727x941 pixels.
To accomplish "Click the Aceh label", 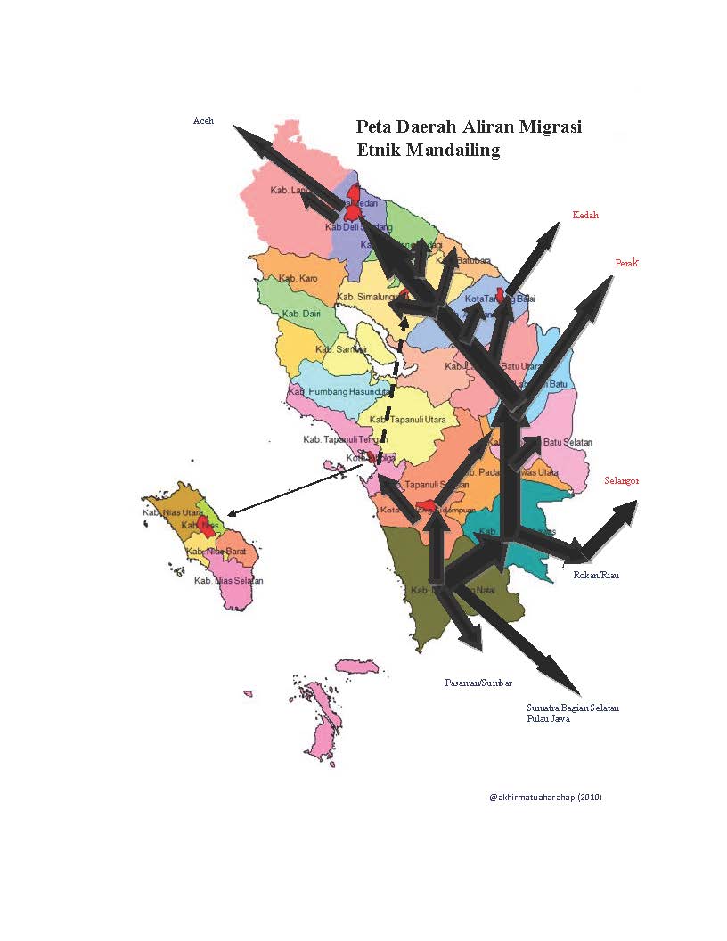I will click(x=203, y=121).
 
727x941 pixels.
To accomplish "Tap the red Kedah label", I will click(x=585, y=215).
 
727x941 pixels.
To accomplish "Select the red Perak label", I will click(x=627, y=263).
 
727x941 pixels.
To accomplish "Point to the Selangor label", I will click(x=621, y=480).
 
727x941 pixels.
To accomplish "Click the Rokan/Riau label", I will click(x=595, y=576).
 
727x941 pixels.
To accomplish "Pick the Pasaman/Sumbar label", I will click(x=478, y=683).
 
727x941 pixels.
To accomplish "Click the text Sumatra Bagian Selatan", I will click(x=573, y=708).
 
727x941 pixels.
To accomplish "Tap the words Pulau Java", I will click(x=548, y=718).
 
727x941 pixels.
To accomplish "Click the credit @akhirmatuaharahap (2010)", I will click(x=545, y=797).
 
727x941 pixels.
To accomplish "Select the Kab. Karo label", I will click(x=298, y=279).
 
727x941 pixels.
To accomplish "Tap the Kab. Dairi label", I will click(x=301, y=314).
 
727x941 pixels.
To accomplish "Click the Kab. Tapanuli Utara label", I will click(x=407, y=420).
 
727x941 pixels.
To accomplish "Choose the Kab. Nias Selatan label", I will click(x=229, y=581).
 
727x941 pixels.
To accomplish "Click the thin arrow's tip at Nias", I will click(x=230, y=514).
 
